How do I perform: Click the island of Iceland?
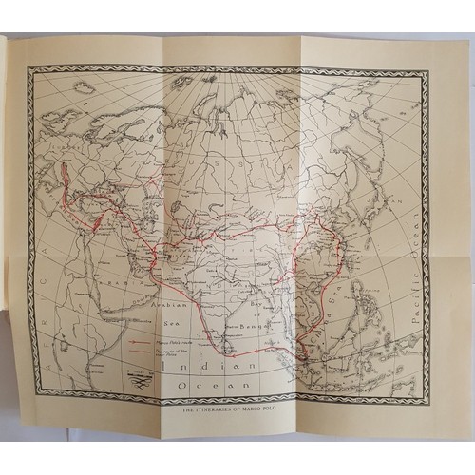pyautogui.click(x=84, y=88)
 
